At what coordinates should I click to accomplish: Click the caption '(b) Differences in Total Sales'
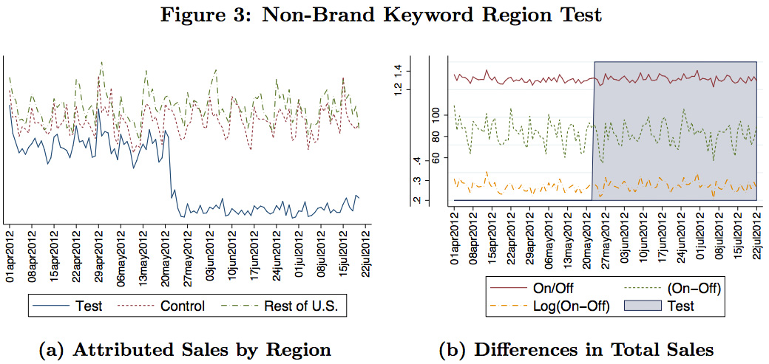(576, 348)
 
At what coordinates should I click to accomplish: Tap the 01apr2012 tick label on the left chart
(10, 254)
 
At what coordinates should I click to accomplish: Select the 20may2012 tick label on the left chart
(165, 254)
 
